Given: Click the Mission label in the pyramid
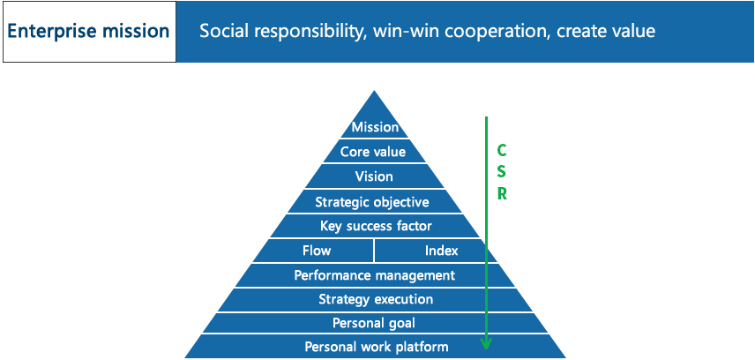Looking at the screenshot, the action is (375, 127).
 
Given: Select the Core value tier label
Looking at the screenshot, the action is (373, 153).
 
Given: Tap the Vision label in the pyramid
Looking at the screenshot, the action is (374, 176).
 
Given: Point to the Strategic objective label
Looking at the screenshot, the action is (372, 202).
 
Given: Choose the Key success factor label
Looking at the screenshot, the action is (376, 226).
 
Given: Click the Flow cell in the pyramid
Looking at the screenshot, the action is (317, 251).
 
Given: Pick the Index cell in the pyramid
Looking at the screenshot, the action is (442, 251).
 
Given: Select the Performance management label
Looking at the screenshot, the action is (375, 275).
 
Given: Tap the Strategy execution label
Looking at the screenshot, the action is (376, 299).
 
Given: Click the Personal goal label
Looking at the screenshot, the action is (374, 323).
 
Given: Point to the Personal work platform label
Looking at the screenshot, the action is (377, 347).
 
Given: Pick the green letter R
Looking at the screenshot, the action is (502, 195).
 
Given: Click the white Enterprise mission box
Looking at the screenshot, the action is (90, 32).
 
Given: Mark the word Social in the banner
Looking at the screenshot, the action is (224, 32).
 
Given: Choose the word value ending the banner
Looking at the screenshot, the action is (632, 32).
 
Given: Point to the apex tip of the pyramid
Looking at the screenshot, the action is (375, 91).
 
